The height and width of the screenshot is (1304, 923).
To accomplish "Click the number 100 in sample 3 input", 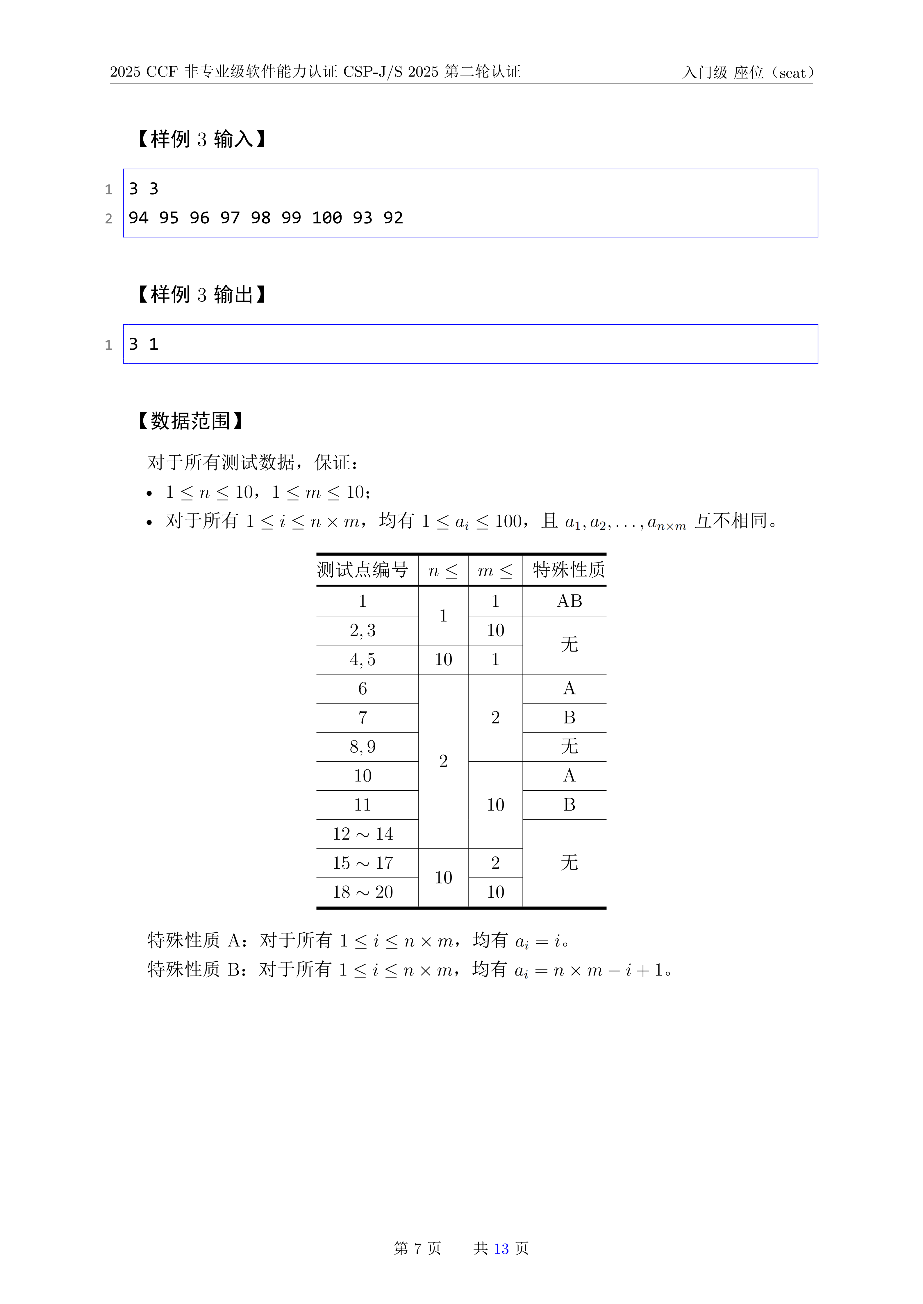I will tap(327, 218).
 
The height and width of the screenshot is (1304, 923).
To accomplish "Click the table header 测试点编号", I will tap(363, 570).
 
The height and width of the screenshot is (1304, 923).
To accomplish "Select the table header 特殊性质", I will tap(569, 570).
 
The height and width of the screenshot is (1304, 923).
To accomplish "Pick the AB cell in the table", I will tap(569, 601).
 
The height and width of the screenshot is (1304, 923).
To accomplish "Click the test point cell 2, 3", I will tap(363, 631).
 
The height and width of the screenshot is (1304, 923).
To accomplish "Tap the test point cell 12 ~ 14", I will tap(363, 834).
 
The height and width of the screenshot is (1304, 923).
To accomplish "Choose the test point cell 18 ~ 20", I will tap(363, 892).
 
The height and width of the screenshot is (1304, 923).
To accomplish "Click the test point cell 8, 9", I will tap(363, 747).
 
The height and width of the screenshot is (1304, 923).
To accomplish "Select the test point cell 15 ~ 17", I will tap(363, 863).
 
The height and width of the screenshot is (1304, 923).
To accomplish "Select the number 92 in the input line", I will tap(393, 218).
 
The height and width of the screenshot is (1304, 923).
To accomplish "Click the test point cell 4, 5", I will tap(363, 659).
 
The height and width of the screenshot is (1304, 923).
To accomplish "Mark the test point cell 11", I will tap(363, 805).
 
